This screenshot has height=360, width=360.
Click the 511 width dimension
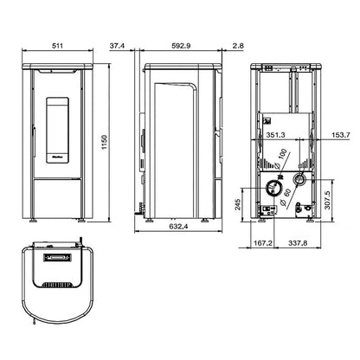58,46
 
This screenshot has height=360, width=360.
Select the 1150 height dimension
105,142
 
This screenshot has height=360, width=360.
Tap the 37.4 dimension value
117,46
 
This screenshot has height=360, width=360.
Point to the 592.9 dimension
181,46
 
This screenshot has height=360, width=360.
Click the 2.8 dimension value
238,46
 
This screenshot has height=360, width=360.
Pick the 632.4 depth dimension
178,227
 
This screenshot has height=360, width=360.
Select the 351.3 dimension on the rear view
275,135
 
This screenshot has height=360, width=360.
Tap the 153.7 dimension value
341,135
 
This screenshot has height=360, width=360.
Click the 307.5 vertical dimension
327,200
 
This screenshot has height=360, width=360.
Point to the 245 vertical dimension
238,204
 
